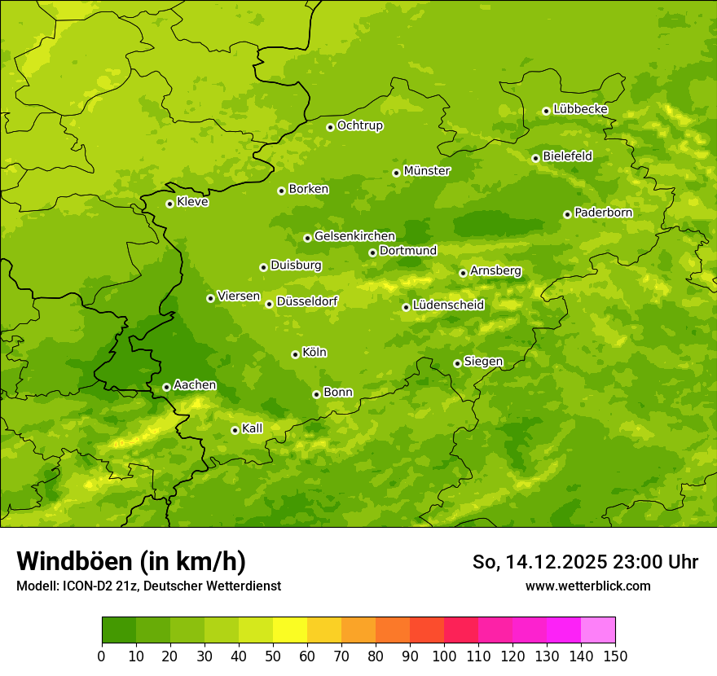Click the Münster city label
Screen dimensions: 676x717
427,171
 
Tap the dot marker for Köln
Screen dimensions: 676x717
295,354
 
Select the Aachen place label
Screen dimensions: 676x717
195,385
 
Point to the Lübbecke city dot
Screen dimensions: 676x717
546,111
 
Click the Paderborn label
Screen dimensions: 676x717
603,213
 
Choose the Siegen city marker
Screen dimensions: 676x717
457,363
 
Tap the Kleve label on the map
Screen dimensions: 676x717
192,202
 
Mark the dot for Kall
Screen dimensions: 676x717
235,430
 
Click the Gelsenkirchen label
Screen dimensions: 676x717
354,236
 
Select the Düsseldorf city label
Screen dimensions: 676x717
306,301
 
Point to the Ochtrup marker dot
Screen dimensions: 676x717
330,127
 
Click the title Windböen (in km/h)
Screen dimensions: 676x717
131,561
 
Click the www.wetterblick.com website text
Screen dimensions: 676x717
587,586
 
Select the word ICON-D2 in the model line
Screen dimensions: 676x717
90,586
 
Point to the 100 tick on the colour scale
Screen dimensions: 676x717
444,656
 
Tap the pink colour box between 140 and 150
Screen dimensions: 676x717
598,630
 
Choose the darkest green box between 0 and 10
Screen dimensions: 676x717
119,630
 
